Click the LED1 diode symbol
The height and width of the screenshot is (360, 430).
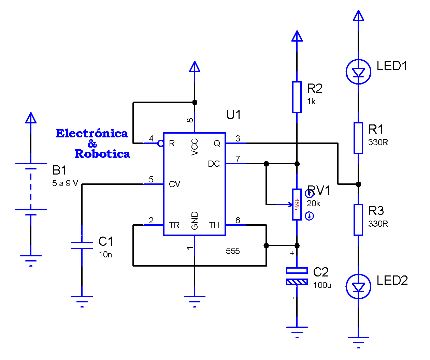(358, 72)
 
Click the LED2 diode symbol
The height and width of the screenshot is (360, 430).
(358, 287)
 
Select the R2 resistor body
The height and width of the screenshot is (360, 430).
(297, 97)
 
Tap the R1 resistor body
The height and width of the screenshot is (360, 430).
(358, 138)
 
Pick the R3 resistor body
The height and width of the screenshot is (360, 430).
(358, 220)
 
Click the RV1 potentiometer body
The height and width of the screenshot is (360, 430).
(297, 205)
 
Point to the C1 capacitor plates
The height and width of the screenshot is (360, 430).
(82, 245)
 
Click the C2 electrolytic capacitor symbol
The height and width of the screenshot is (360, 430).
(297, 276)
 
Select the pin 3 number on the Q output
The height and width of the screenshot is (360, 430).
(238, 138)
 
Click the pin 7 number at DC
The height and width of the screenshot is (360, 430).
(238, 159)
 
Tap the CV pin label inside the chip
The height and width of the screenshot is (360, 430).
(174, 184)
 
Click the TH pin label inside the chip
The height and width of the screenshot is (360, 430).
(214, 225)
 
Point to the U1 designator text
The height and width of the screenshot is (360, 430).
(234, 115)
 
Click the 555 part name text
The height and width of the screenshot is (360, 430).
(233, 251)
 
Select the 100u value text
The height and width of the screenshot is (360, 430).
(322, 285)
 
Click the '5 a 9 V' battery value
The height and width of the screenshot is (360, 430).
(65, 183)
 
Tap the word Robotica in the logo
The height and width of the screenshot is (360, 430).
(102, 154)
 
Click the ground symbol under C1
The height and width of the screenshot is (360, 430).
(82, 300)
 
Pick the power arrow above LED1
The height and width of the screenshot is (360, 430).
(358, 16)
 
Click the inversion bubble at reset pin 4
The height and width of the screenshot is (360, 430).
(160, 144)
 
